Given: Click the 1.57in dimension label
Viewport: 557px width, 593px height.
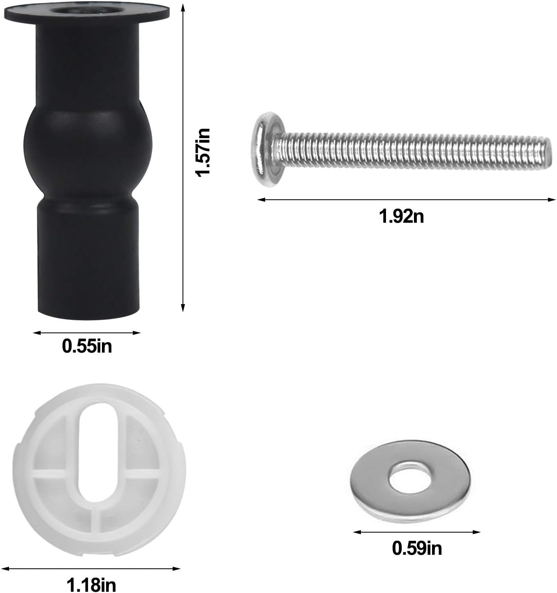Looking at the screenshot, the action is pos(203,152).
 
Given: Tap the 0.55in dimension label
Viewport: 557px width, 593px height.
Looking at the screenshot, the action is pos(87,346).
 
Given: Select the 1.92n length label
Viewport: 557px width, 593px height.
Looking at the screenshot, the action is pos(401,216).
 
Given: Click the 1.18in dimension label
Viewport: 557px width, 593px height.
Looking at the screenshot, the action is pos(91,585).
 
